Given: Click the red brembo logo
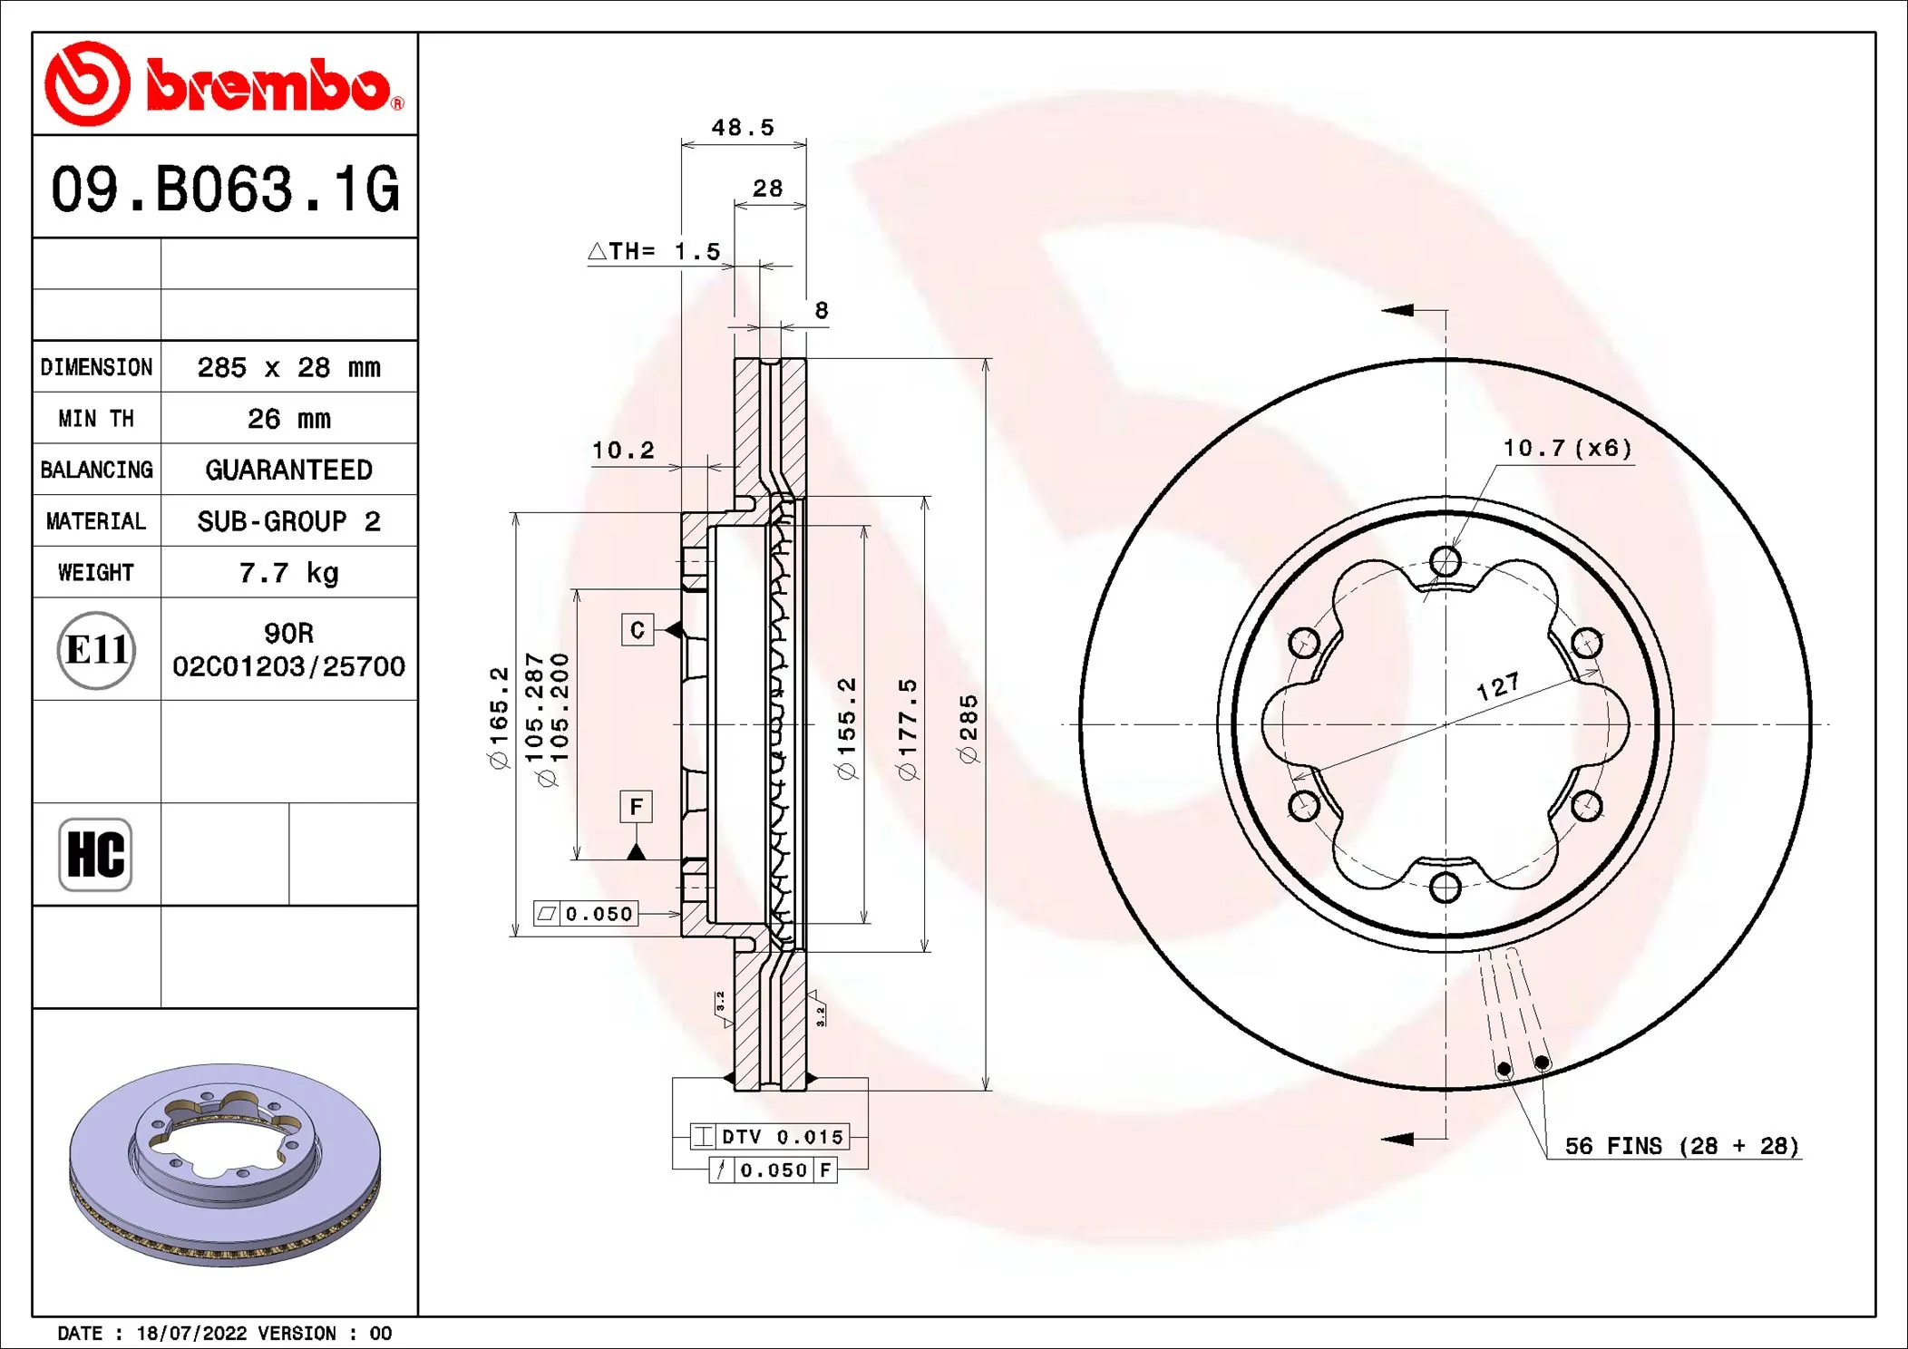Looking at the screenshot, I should click(x=224, y=84).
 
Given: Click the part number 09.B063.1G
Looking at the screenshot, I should click(x=224, y=189).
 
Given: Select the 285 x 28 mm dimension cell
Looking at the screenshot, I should click(x=288, y=367).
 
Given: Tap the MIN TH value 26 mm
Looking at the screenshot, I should click(x=288, y=419).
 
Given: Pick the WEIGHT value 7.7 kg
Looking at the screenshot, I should click(x=288, y=573).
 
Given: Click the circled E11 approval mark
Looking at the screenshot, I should click(x=96, y=650).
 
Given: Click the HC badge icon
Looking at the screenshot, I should click(x=95, y=854).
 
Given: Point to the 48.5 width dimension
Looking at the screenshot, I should click(x=743, y=128).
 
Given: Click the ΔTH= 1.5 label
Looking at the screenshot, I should click(x=654, y=251).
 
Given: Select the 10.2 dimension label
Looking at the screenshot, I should click(x=623, y=451).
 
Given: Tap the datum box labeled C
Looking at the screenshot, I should click(x=638, y=629).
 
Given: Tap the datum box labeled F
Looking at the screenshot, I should click(x=637, y=806).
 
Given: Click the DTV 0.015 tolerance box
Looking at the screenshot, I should click(x=770, y=1136).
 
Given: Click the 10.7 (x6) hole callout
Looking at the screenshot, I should click(x=1567, y=448).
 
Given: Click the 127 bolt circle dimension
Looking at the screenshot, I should click(x=1498, y=686).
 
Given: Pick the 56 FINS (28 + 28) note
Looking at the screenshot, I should click(x=1681, y=1146).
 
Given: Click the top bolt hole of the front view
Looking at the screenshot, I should click(x=1445, y=561).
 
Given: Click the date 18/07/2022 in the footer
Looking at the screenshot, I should click(x=191, y=1333).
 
